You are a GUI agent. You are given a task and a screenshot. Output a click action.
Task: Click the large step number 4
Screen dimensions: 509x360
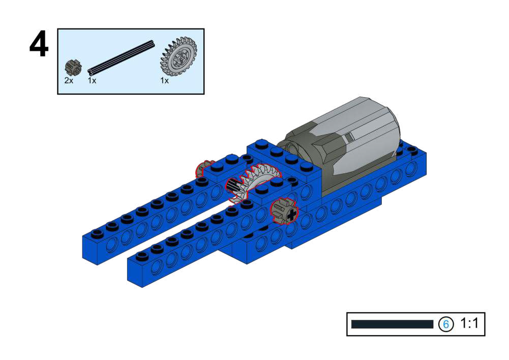pyautogui.click(x=39, y=44)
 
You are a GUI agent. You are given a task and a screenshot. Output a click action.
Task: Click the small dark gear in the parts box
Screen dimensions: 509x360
pyautogui.click(x=73, y=67)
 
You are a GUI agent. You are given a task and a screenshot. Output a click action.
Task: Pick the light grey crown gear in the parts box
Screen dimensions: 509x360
pyautogui.click(x=179, y=56)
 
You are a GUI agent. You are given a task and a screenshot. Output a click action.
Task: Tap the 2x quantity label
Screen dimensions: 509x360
pyautogui.click(x=69, y=80)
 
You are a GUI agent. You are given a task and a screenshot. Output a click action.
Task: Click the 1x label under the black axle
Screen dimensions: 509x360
pyautogui.click(x=92, y=80)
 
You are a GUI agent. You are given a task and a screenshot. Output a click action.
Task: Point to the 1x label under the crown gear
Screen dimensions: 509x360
pyautogui.click(x=165, y=80)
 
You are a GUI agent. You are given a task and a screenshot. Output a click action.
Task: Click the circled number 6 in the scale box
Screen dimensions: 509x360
pyautogui.click(x=446, y=324)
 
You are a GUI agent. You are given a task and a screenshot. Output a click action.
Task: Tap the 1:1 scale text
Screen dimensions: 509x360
pyautogui.click(x=469, y=323)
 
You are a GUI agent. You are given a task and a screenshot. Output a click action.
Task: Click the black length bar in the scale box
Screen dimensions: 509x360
pyautogui.click(x=392, y=324)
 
